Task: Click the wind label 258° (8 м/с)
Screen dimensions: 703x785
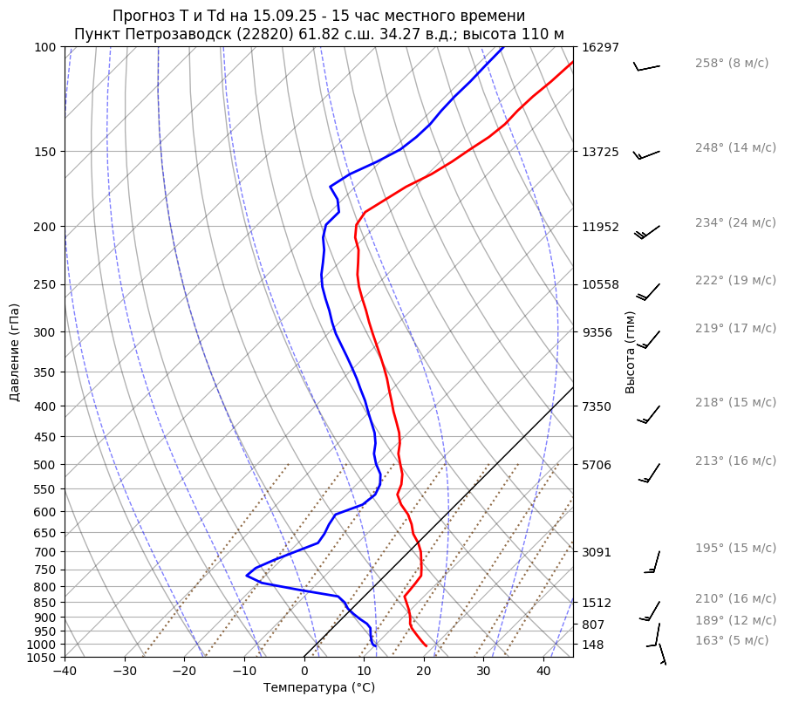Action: (732, 63)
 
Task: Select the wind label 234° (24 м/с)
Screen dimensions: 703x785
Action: (735, 222)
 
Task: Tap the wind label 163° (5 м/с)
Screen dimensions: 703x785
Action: (732, 640)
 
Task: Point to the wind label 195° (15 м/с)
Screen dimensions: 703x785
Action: (735, 548)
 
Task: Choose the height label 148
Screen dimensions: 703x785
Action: (593, 645)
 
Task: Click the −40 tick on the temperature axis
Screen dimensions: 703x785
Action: (65, 672)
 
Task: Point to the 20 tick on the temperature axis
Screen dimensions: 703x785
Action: (424, 672)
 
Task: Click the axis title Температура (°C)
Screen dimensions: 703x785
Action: (319, 688)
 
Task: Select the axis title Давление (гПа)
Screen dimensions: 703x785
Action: (15, 352)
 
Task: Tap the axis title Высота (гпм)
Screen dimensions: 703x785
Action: (631, 352)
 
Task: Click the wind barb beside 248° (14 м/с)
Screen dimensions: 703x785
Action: (646, 154)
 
